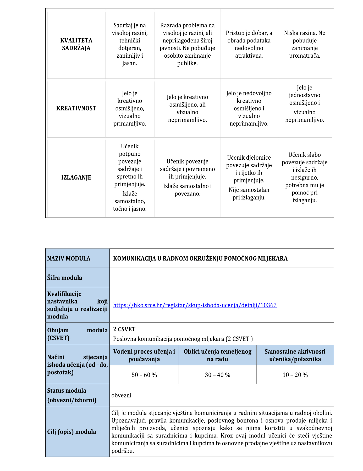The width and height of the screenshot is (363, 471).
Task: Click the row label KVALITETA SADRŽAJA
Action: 76,44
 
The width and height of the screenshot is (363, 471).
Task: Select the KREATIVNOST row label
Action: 76,109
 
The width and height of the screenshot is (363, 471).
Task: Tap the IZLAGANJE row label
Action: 76,178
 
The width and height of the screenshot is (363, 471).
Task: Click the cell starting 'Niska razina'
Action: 304,44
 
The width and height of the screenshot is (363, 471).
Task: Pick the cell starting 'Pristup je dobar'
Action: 249,44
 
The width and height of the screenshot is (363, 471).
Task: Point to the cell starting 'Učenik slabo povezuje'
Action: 304,178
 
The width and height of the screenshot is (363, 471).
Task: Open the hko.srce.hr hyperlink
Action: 195,305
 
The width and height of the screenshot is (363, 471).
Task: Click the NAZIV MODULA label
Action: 69,259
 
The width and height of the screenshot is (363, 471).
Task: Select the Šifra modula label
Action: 64,278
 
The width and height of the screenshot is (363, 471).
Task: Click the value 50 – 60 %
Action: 144,375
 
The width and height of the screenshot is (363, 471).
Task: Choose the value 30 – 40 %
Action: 217,375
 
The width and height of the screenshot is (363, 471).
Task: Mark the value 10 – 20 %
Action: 295,375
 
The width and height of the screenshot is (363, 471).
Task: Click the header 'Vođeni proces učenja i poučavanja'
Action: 144,355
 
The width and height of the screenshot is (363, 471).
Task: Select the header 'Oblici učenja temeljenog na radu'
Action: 217,355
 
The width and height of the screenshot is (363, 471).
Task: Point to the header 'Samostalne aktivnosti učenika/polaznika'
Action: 295,355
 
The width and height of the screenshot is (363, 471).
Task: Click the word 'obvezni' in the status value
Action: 121,396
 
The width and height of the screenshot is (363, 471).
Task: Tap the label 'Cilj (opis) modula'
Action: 71,432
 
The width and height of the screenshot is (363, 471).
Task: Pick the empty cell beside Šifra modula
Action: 222,278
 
